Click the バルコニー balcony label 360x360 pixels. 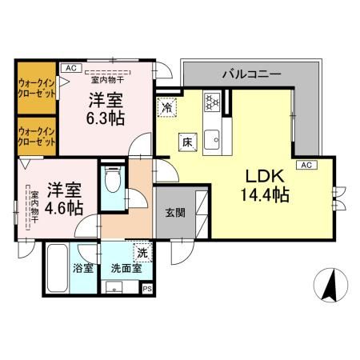point(250,74)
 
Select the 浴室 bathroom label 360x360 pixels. point(82,268)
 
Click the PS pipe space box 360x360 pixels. point(146,290)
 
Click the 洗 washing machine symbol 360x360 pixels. point(141,252)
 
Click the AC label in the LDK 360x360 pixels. point(304,165)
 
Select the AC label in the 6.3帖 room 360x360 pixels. point(70,69)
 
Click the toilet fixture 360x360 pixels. point(114,181)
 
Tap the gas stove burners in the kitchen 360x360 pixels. point(213,102)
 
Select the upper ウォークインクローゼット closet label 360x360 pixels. point(36,88)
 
